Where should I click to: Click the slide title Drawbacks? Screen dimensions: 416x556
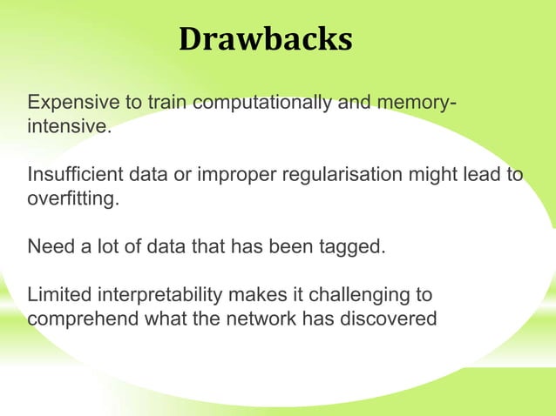tap(266, 38)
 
